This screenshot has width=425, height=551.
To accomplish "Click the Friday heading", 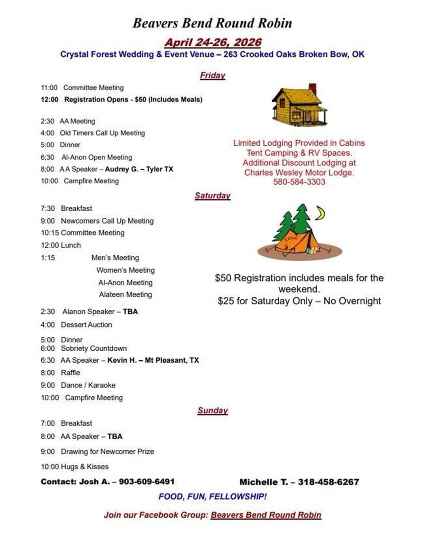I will (x=212, y=75).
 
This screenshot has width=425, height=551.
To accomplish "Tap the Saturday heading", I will (x=212, y=196).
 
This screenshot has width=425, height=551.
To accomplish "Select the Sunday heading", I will (x=212, y=410).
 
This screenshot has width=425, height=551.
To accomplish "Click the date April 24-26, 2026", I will (x=213, y=42).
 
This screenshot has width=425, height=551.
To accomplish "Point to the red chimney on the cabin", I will (x=312, y=88).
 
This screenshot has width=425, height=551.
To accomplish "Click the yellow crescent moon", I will (x=320, y=213).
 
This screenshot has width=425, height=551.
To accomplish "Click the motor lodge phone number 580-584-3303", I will (x=299, y=182).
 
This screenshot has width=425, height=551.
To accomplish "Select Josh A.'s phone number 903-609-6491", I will (x=147, y=482).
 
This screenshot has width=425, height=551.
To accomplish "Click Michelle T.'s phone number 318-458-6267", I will (x=328, y=482).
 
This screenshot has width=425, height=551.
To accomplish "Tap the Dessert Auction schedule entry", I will (x=86, y=325).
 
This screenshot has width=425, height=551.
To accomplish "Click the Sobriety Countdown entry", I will (x=94, y=348).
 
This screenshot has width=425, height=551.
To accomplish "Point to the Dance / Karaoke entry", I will (x=88, y=385).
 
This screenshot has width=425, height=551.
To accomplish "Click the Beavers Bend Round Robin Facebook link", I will (x=266, y=515).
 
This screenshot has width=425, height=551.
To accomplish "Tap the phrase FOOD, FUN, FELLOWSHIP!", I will (x=212, y=497).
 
